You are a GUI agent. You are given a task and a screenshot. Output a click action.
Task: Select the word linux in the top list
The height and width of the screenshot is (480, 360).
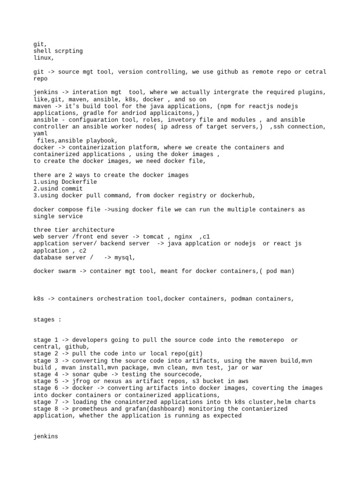click(43, 58)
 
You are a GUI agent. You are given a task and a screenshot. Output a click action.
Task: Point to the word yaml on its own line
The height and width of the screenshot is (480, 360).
click(41, 134)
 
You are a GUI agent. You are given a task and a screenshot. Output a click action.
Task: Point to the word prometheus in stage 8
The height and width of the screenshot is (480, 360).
click(91, 409)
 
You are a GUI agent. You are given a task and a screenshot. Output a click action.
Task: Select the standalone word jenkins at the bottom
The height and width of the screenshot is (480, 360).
click(46, 436)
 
